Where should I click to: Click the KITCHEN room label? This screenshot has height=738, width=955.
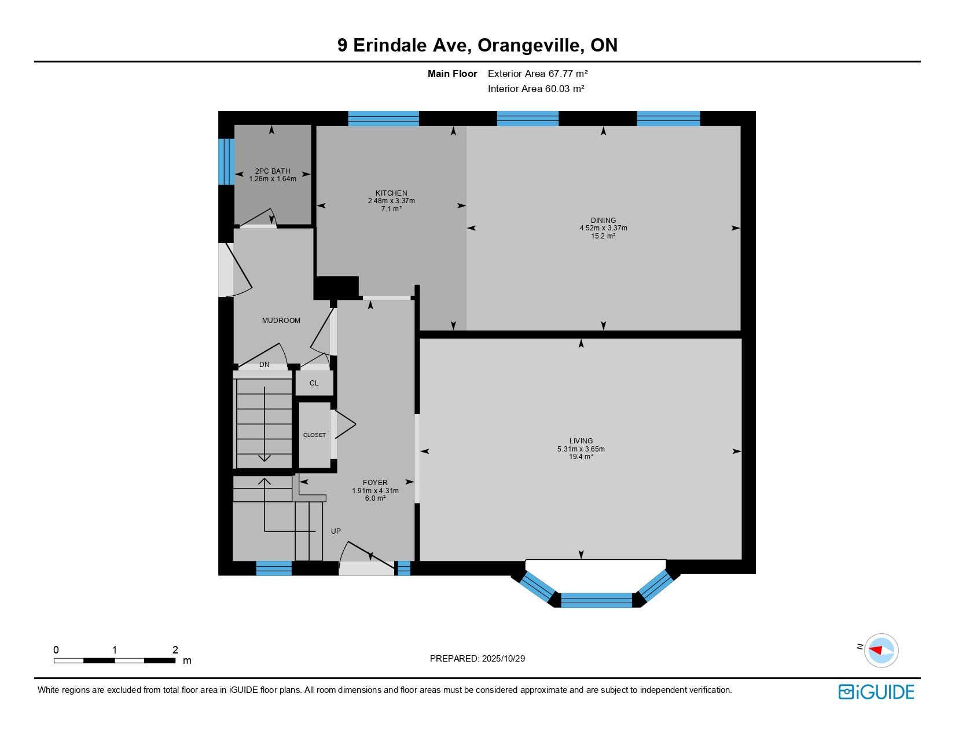coord(391,193)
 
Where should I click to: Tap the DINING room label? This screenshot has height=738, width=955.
coord(603,220)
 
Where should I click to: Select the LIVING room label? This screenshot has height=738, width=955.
coord(581,440)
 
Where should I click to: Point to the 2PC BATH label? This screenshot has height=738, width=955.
coord(273,171)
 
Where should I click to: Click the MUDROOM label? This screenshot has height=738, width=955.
coord(281,321)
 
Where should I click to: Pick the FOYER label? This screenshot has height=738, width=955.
coord(375,482)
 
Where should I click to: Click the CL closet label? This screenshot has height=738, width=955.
coord(314,383)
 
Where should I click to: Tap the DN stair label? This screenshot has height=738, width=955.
coord(264,365)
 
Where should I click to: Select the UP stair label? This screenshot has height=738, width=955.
coord(336,531)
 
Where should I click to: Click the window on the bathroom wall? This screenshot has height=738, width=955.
coord(226,161)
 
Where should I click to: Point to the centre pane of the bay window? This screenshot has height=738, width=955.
coord(596,600)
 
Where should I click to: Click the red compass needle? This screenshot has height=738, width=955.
coord(876,650)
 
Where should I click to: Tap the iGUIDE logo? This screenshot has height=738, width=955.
coord(876,692)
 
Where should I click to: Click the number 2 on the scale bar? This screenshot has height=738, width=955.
coord(175,649)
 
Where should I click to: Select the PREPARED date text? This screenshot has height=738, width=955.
coord(477,659)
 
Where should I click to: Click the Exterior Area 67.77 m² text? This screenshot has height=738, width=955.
coord(538,74)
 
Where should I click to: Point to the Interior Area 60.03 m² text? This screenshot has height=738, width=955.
coord(536,89)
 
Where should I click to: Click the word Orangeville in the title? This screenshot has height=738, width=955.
coord(531,45)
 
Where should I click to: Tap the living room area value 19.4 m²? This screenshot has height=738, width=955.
coord(581,457)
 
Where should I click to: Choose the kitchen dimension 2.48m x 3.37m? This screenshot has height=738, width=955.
coord(391,201)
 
